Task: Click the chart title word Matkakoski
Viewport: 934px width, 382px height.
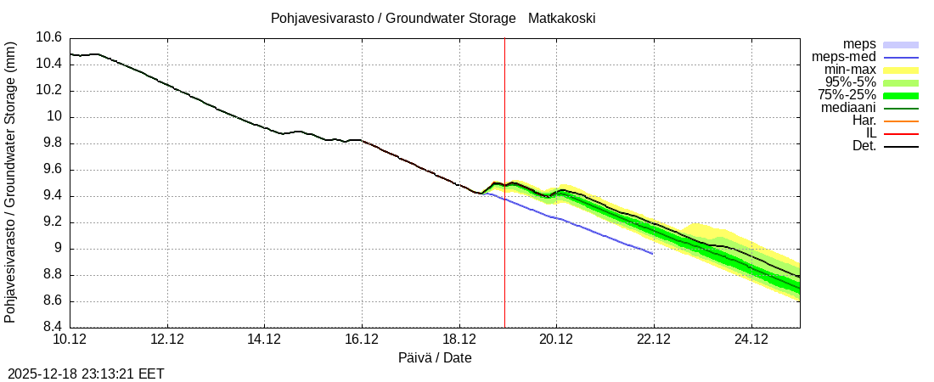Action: pyautogui.click(x=561, y=18)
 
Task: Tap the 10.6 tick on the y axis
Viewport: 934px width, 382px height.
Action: pyautogui.click(x=49, y=37)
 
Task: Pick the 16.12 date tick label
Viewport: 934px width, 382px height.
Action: pyautogui.click(x=362, y=340)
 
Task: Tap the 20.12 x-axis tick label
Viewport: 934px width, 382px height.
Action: pyautogui.click(x=556, y=340)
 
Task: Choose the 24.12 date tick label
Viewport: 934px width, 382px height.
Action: pyautogui.click(x=751, y=340)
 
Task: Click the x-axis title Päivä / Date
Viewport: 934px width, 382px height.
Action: pyautogui.click(x=435, y=358)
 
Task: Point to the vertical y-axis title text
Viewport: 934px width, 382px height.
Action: pyautogui.click(x=10, y=183)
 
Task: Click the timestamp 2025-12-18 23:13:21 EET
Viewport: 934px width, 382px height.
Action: pyautogui.click(x=86, y=374)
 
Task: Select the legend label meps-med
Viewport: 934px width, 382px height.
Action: pyautogui.click(x=844, y=57)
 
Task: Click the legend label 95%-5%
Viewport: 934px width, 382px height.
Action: pyautogui.click(x=850, y=82)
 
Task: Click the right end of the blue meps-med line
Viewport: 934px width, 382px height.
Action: pyautogui.click(x=652, y=253)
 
